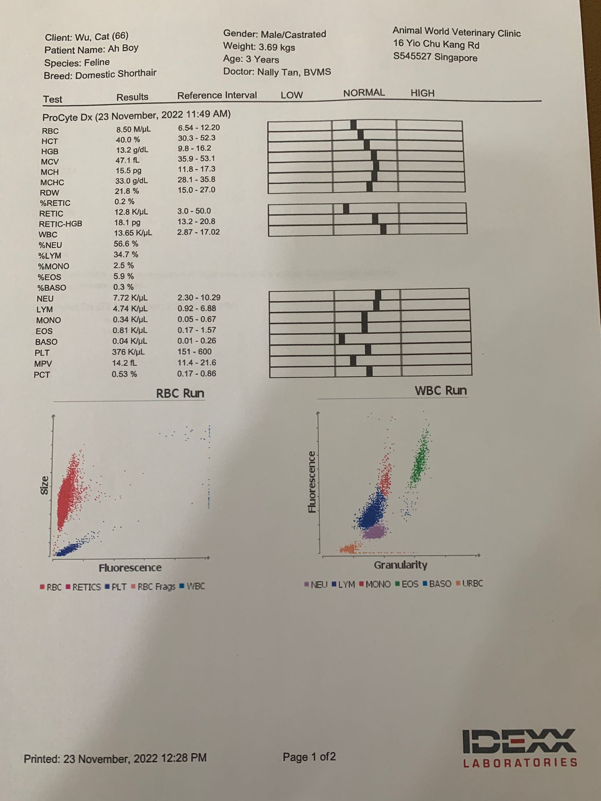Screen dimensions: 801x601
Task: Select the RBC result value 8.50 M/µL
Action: pyautogui.click(x=133, y=129)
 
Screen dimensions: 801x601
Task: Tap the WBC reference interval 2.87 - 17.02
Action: pyautogui.click(x=198, y=232)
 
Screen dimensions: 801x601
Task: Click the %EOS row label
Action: pyautogui.click(x=49, y=277)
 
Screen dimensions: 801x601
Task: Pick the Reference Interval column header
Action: pyautogui.click(x=217, y=95)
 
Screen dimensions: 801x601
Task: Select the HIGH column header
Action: pyautogui.click(x=422, y=93)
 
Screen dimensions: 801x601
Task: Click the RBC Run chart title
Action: pyautogui.click(x=180, y=393)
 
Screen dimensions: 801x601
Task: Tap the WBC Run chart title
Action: pyautogui.click(x=441, y=390)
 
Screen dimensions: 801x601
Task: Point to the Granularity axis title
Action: pyautogui.click(x=400, y=565)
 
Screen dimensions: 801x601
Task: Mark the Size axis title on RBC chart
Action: pyautogui.click(x=45, y=485)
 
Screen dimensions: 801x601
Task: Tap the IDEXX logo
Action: pyautogui.click(x=520, y=748)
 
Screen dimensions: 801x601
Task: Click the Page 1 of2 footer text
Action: pyautogui.click(x=309, y=757)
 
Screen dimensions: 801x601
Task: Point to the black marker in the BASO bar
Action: pyautogui.click(x=342, y=339)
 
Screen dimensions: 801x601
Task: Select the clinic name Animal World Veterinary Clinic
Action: pyautogui.click(x=456, y=32)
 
